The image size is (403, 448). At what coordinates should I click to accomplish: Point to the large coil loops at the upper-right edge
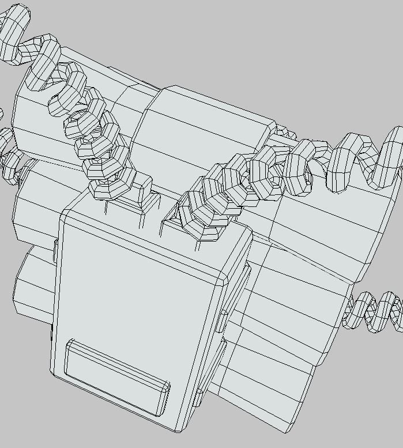tap(369, 159)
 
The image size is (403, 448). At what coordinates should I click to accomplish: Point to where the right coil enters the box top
tap(208, 228)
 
